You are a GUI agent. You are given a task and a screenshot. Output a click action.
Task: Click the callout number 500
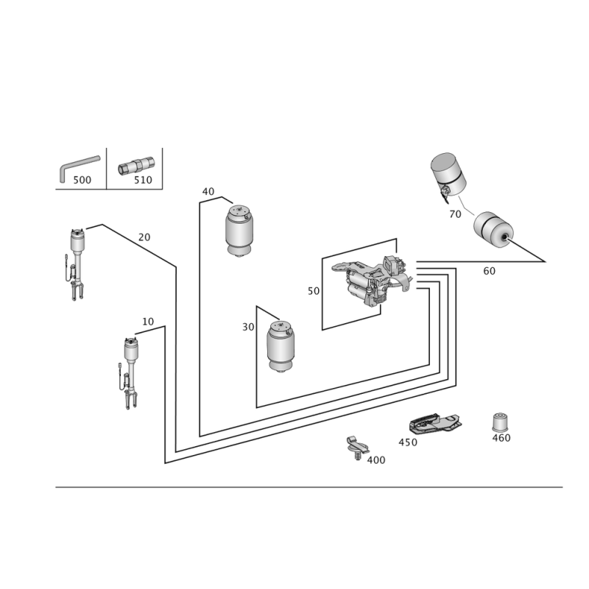(82, 180)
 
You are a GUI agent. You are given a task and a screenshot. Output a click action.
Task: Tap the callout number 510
(143, 180)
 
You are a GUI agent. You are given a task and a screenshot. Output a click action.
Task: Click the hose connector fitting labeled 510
(136, 166)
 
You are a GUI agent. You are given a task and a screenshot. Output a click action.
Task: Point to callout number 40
(208, 191)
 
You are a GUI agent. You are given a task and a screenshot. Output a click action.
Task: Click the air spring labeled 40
(239, 230)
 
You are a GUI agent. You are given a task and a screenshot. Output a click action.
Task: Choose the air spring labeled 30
(281, 346)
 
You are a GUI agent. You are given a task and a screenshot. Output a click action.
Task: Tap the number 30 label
(248, 327)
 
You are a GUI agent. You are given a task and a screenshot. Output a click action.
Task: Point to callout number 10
(148, 322)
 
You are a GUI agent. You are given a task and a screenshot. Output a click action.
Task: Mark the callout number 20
(144, 237)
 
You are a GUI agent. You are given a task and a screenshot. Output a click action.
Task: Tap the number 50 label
(314, 291)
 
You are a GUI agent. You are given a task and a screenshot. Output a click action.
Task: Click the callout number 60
(489, 271)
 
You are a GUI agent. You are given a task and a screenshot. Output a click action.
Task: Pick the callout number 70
(455, 214)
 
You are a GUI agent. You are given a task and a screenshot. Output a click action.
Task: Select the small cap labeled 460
(500, 423)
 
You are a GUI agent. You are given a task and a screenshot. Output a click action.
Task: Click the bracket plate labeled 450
(434, 423)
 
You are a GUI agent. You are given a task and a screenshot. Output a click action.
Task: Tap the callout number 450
(408, 442)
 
